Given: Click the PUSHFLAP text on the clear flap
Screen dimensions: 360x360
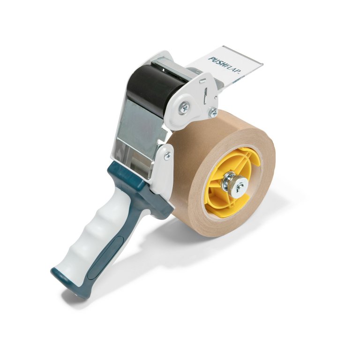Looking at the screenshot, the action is pyautogui.click(x=225, y=65).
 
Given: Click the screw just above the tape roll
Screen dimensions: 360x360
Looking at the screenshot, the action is pyautogui.click(x=213, y=112).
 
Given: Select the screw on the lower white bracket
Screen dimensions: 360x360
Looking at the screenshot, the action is pyautogui.click(x=168, y=156).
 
